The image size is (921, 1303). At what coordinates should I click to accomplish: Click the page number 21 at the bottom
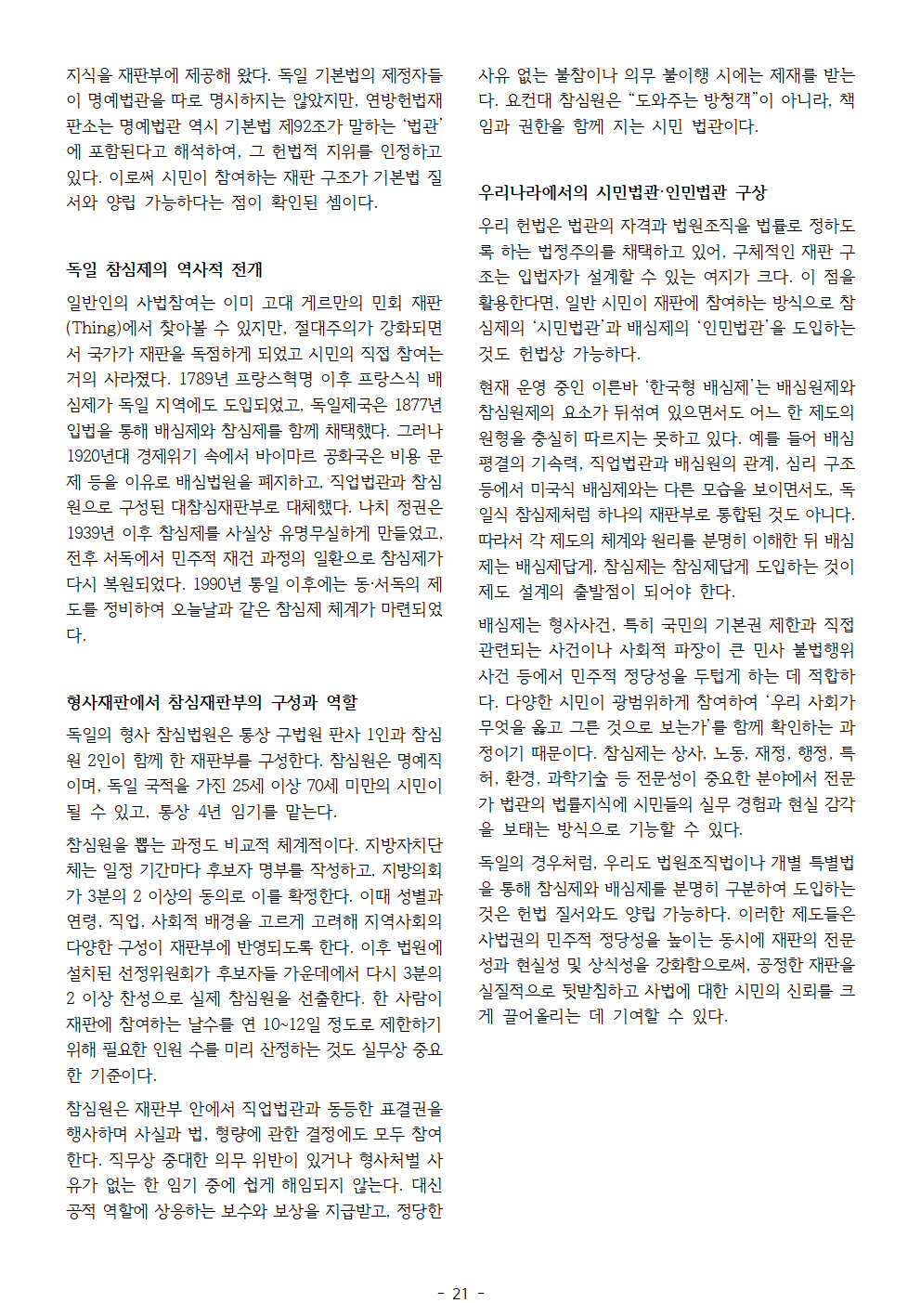(460, 1293)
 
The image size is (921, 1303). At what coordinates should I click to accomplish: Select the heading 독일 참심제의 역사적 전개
(164, 269)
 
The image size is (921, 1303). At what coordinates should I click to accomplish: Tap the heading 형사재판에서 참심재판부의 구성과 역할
(212, 702)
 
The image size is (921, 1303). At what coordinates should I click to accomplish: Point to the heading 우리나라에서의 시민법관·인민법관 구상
(622, 192)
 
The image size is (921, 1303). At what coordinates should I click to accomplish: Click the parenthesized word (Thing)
(94, 328)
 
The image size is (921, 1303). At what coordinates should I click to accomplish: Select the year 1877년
(418, 405)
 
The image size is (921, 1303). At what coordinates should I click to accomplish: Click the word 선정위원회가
(168, 972)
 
